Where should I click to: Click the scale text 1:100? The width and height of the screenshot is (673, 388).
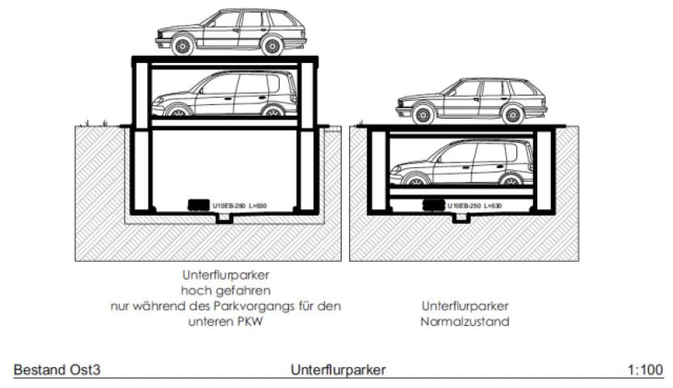tap(646, 369)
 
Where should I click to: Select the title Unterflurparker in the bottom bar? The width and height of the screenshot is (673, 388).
tap(338, 369)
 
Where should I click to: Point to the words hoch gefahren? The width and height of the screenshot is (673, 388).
tap(225, 290)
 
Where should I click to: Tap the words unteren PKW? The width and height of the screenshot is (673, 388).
tap(226, 321)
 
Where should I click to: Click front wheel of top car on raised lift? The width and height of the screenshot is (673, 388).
tap(183, 47)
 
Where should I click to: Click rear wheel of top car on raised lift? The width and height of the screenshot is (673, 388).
tap(272, 47)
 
